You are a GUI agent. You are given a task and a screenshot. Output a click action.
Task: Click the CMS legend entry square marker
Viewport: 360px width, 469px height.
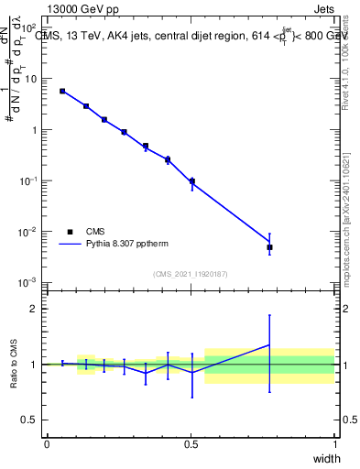pos(70,232)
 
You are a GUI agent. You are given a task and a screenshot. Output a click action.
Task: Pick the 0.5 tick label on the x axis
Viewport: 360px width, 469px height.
pos(191,443)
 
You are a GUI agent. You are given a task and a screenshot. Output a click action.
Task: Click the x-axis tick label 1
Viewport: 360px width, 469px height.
pos(334,443)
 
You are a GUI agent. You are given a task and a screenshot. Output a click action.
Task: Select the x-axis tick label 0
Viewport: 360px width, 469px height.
pos(47,443)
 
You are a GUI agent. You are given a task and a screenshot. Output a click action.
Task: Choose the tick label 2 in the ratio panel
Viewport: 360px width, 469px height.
pos(34,309)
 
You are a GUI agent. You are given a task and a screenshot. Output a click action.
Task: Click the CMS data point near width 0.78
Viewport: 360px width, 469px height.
pos(269,247)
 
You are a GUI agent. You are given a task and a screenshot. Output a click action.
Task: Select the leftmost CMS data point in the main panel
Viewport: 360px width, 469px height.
pos(62,91)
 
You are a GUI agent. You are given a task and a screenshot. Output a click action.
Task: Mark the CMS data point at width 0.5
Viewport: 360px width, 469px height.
pos(191,180)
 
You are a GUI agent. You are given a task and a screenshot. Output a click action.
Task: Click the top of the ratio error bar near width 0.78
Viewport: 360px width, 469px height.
pos(269,315)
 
